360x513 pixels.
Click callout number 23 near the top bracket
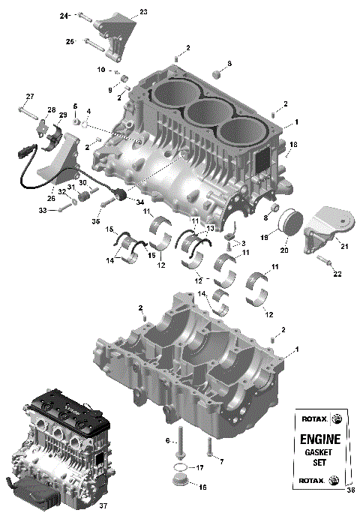click(143, 12)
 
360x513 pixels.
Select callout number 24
click(64, 15)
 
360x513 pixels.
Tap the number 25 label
click(70, 41)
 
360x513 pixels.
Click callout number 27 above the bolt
click(30, 96)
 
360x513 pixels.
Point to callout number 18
click(293, 144)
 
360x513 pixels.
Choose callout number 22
click(337, 274)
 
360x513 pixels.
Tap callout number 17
click(199, 467)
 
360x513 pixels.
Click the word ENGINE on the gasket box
click(320, 439)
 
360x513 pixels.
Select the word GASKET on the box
click(320, 453)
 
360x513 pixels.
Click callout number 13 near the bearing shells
click(211, 227)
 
